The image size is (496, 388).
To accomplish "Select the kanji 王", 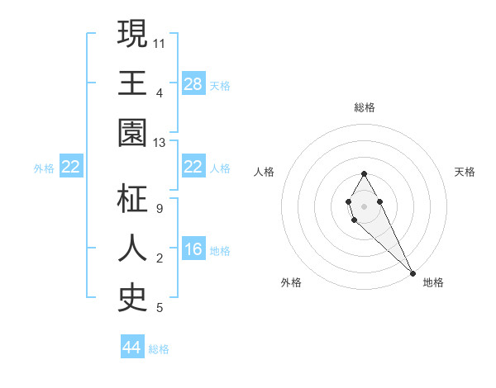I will pyautogui.click(x=133, y=83).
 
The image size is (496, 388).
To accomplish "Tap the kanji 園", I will pyautogui.click(x=133, y=133).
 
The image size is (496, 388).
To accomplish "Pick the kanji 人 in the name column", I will pyautogui.click(x=133, y=248).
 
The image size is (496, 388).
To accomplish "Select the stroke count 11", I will pyautogui.click(x=160, y=41).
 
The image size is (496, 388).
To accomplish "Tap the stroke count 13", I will pyautogui.click(x=160, y=143).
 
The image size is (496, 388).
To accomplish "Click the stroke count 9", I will pyautogui.click(x=159, y=208).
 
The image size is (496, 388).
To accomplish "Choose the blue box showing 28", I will pyautogui.click(x=193, y=83).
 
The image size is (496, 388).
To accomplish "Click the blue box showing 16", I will pyautogui.click(x=193, y=249).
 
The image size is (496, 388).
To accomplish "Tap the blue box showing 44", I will pyautogui.click(x=132, y=348).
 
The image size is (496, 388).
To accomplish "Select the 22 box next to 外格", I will pyautogui.click(x=71, y=167).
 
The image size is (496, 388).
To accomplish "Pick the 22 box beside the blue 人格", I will pyautogui.click(x=193, y=167).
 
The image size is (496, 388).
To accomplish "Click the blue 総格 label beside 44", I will pyautogui.click(x=159, y=348).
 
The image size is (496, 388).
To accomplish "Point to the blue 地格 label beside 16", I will pyautogui.click(x=220, y=250).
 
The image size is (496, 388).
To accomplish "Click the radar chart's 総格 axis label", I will pyautogui.click(x=365, y=107).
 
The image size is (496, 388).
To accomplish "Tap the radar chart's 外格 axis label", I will pyautogui.click(x=291, y=282).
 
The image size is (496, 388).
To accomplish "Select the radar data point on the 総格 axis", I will pyautogui.click(x=364, y=174).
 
